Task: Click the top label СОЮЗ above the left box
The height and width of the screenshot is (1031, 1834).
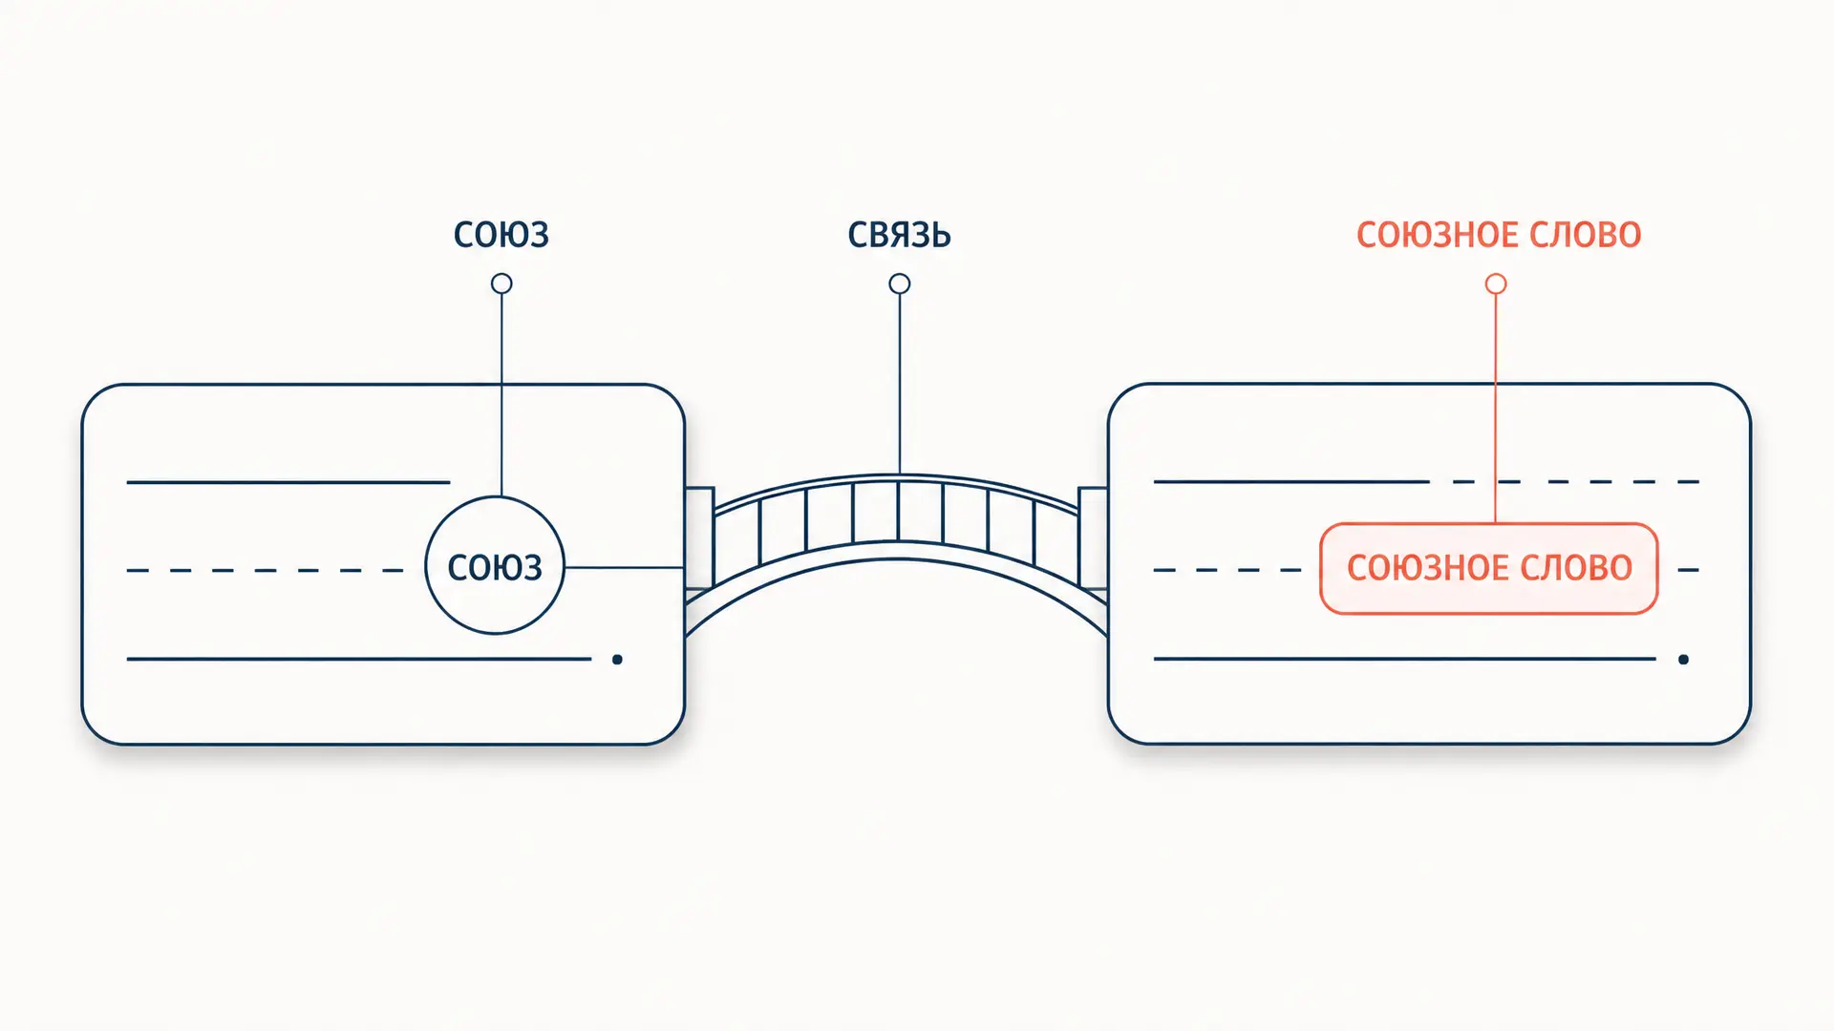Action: point(501,235)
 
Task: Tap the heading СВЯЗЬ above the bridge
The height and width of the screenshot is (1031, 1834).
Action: point(899,235)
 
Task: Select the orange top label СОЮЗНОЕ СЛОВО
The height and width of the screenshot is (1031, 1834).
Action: point(1499,235)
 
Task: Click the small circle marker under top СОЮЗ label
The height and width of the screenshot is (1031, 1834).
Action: point(501,284)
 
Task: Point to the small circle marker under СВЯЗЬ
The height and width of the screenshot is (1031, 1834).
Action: point(900,284)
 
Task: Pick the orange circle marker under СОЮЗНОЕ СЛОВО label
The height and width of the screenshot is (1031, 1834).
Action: point(1496,284)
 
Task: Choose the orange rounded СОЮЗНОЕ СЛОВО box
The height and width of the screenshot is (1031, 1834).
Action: point(1489,524)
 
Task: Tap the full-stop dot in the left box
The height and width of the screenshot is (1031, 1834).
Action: point(617,660)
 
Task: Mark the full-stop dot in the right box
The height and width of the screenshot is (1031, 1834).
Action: point(1683,660)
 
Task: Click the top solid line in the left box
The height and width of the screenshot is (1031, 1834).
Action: point(288,482)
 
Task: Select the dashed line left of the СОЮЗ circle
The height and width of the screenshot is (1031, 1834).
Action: point(266,570)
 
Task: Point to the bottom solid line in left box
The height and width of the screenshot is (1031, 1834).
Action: point(359,659)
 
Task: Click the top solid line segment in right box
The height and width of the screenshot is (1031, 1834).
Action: point(1291,482)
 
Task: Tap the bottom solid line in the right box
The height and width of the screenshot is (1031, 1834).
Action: point(1405,659)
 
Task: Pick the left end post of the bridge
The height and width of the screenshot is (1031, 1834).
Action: point(699,538)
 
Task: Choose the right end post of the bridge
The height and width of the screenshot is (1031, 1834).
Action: point(1094,538)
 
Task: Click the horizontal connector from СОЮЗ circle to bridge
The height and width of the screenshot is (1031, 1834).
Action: point(625,567)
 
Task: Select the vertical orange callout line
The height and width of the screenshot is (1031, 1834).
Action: point(1496,409)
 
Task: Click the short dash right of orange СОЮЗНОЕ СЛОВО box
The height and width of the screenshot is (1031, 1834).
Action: point(1688,570)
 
